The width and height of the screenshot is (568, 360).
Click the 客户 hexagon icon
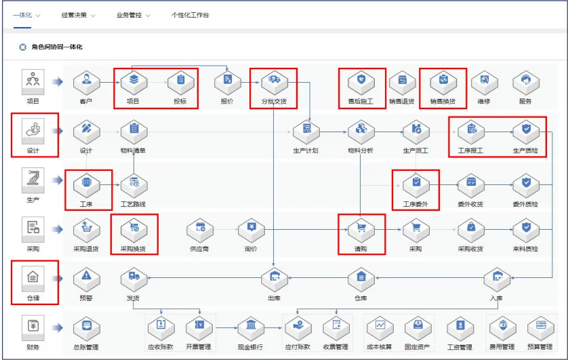pyautogui.click(x=86, y=82)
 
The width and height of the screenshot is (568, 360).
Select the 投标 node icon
pyautogui.click(x=180, y=82)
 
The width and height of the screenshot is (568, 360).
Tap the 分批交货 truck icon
pyautogui.click(x=275, y=82)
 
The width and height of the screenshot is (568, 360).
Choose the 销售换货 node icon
pyautogui.click(x=443, y=82)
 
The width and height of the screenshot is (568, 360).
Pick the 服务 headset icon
pyautogui.click(x=525, y=82)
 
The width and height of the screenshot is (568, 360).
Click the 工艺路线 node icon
pyautogui.click(x=134, y=184)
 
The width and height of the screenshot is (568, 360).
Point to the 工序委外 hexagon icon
pyautogui.click(x=416, y=184)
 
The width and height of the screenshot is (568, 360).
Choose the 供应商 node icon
pyautogui.click(x=200, y=230)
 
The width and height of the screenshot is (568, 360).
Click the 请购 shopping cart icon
pyautogui.click(x=361, y=230)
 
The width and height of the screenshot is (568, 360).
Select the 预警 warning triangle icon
pyautogui.click(x=86, y=277)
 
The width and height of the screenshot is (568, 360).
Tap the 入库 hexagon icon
pyautogui.click(x=497, y=277)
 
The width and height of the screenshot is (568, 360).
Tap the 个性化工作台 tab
pyautogui.click(x=190, y=15)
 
